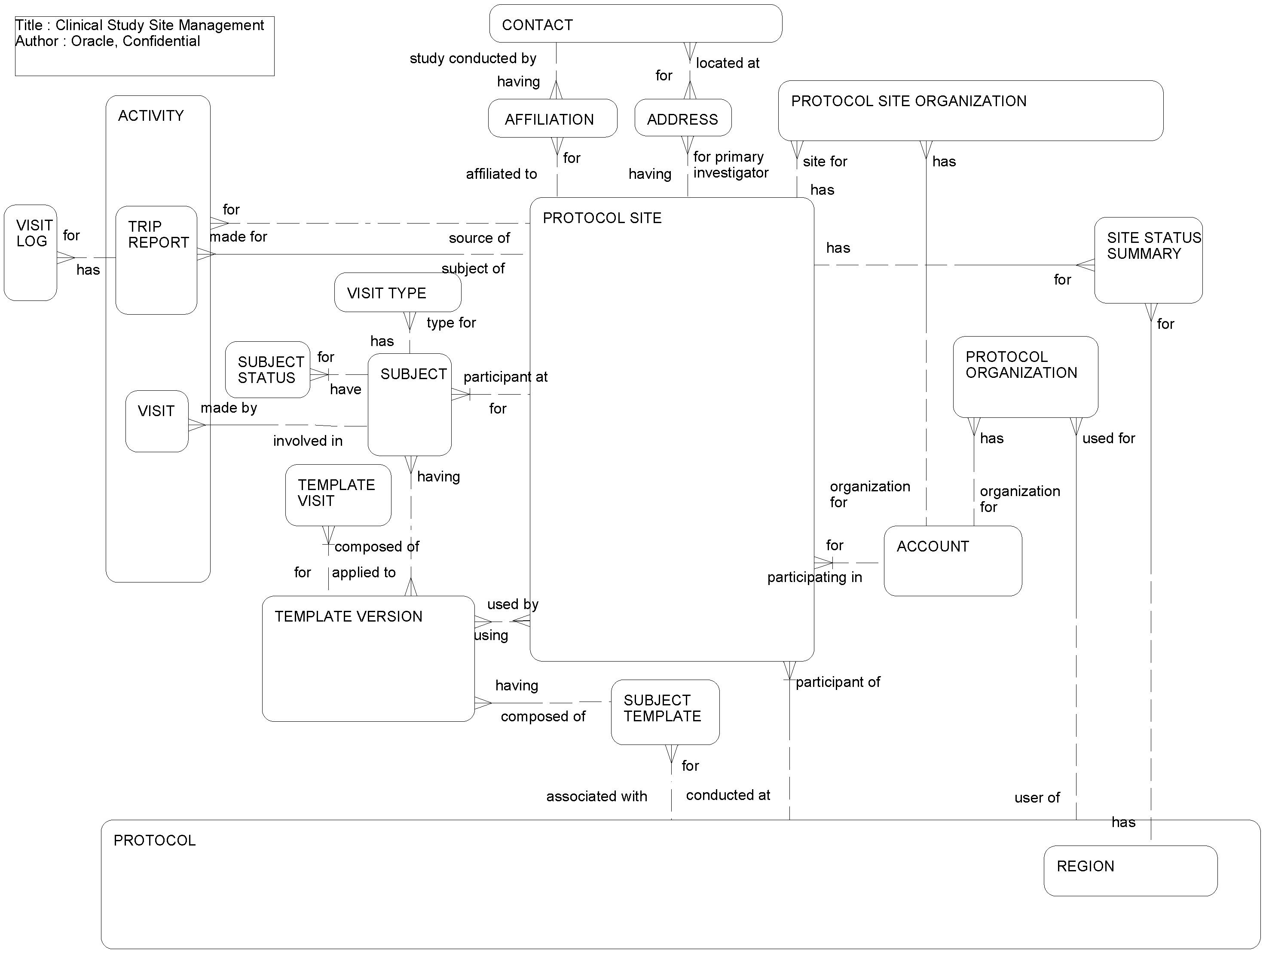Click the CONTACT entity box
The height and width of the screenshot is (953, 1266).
click(x=635, y=24)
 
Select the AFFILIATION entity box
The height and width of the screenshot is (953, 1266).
click(x=552, y=119)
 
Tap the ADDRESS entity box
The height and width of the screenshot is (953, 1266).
click(x=683, y=118)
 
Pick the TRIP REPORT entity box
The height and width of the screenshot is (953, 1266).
click(x=156, y=260)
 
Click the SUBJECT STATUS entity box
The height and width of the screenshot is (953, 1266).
click(x=267, y=370)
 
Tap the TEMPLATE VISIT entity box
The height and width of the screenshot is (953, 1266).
click(x=338, y=495)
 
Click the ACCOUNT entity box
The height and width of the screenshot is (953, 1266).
click(x=952, y=561)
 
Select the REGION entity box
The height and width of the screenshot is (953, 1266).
click(x=1130, y=870)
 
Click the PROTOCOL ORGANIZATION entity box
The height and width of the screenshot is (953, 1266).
click(x=1024, y=377)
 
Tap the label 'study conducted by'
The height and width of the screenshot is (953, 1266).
click(x=473, y=58)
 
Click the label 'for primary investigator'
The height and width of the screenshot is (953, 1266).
click(x=730, y=165)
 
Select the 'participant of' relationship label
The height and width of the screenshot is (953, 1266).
click(x=837, y=682)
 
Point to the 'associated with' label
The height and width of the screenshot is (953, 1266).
click(x=596, y=796)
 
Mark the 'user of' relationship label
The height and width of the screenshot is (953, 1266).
click(x=1037, y=798)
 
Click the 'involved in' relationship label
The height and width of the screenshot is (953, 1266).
click(x=307, y=441)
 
